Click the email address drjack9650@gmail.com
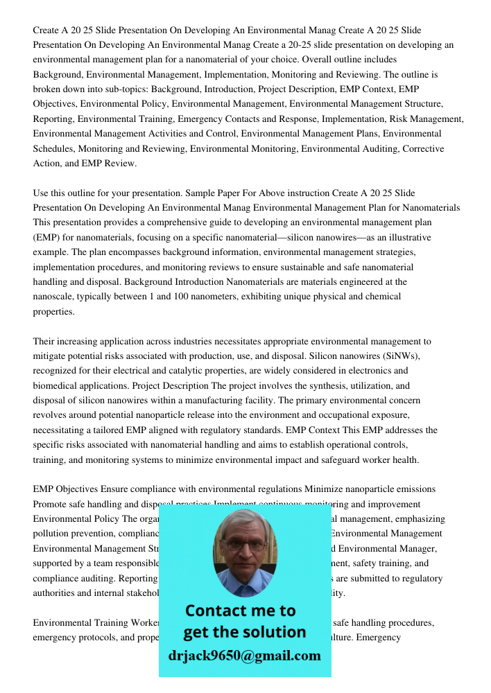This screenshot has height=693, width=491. (244, 656)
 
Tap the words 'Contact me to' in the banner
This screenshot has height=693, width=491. (240, 611)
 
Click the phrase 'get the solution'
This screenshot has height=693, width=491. (244, 632)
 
